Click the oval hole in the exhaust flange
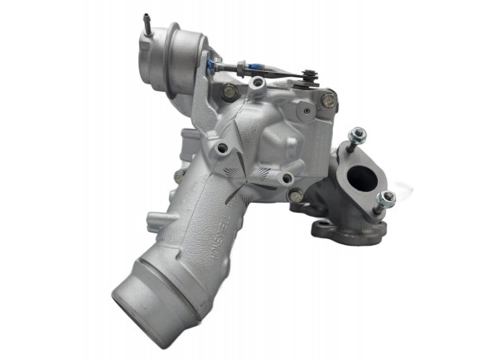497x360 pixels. (x=362, y=177)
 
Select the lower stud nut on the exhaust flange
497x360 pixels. (x=386, y=199)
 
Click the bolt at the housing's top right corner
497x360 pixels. (x=329, y=98)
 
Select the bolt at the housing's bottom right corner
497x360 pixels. (x=296, y=195)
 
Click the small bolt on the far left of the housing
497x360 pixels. (x=179, y=176)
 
